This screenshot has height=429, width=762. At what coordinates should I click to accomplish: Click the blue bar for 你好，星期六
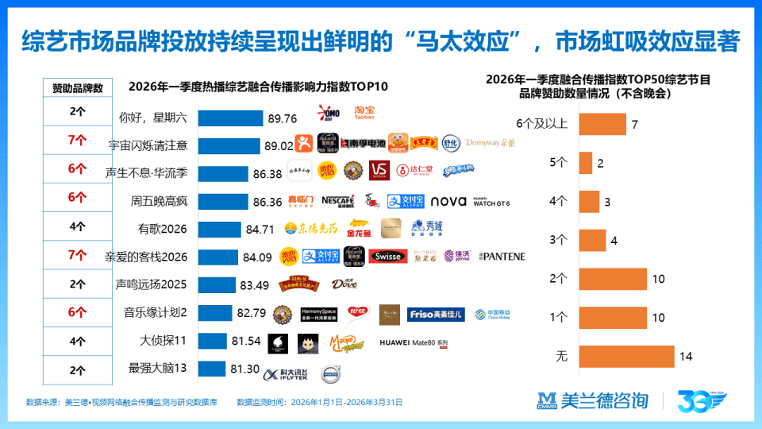coord(230,118)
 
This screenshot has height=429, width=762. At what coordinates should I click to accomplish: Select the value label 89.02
coord(278,145)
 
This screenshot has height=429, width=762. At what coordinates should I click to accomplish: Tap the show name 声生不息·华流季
coord(146,173)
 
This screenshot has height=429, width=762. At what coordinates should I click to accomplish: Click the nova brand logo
coord(448,201)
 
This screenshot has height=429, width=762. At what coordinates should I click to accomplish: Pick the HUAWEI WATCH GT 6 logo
coord(492,202)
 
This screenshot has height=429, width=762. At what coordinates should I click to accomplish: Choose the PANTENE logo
coord(502,257)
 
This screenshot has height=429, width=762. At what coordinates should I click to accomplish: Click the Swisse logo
coord(390,256)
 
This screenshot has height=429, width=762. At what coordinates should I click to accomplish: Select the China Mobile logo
coord(491,313)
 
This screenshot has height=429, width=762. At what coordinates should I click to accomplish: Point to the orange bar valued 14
coord(626,357)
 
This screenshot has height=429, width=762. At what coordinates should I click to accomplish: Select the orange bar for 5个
coord(586,163)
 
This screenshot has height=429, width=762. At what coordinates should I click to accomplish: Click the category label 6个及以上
coord(542,125)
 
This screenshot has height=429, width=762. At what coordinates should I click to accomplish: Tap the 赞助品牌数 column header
coord(77,88)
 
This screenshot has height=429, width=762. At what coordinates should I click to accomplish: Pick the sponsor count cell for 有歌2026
coord(77,226)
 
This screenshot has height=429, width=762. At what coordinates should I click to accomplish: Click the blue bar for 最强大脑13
coord(211,369)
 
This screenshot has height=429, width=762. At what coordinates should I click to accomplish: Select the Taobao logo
coord(364,112)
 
